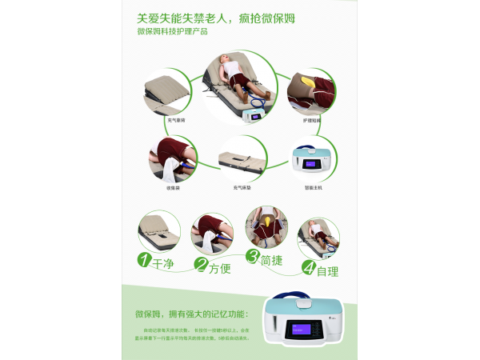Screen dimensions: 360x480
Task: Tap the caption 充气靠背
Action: (x=177, y=120)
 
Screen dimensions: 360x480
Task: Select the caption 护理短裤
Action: (x=312, y=120)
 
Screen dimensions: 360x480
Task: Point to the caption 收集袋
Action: (x=173, y=187)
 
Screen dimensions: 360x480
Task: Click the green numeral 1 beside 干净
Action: (x=144, y=260)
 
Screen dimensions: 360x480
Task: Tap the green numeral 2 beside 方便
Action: (x=202, y=266)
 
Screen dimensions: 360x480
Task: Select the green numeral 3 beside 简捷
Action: (x=253, y=257)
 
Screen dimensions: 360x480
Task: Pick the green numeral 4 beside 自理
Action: (x=309, y=268)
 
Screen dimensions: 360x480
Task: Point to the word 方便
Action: (x=220, y=268)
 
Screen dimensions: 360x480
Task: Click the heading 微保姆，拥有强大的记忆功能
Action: (x=192, y=314)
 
